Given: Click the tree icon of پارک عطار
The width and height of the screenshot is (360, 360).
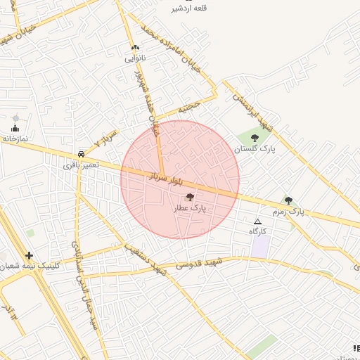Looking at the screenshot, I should pyautogui.click(x=190, y=198).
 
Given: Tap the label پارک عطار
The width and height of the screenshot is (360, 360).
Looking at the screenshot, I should pyautogui.click(x=189, y=209).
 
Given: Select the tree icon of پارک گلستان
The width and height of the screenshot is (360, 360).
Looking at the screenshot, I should pyautogui.click(x=255, y=138).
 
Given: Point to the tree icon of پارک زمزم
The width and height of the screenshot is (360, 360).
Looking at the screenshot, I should pyautogui.click(x=288, y=200).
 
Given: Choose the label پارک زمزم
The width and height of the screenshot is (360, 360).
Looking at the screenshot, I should pyautogui.click(x=288, y=211).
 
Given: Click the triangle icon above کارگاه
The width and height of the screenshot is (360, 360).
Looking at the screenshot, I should pyautogui.click(x=257, y=221).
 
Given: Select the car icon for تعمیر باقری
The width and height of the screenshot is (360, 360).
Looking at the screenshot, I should pyautogui.click(x=82, y=153).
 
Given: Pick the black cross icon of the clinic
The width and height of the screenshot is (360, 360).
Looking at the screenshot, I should pyautogui.click(x=29, y=255).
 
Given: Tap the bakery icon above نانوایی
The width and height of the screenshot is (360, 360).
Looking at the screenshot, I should pyautogui.click(x=135, y=48).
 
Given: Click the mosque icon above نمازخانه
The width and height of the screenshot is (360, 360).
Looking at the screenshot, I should pyautogui.click(x=15, y=127).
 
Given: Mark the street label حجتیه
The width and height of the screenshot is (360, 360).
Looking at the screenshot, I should pyautogui.click(x=188, y=109).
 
